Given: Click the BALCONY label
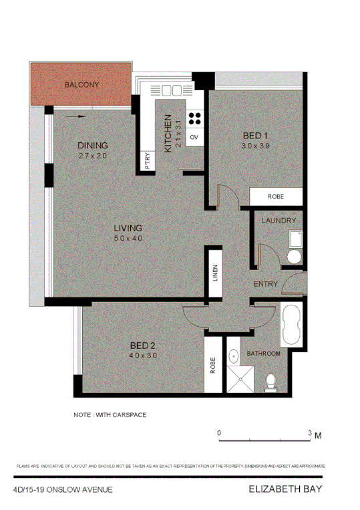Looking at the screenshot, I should (x=81, y=85).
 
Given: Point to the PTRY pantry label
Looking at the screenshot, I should (x=147, y=162).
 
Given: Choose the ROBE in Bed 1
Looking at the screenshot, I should (x=275, y=197).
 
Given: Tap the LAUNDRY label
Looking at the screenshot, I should (x=279, y=221).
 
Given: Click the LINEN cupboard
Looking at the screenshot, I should (x=215, y=275).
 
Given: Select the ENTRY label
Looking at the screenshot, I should (x=265, y=284).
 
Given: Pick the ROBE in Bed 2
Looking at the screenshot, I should (x=212, y=366).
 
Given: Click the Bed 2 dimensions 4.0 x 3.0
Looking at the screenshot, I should (x=143, y=356).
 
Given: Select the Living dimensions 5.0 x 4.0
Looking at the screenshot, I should (x=128, y=239).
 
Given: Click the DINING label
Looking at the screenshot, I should (x=92, y=146).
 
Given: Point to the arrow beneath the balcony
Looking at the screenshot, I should (x=77, y=116).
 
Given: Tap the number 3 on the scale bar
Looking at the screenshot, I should (x=309, y=433).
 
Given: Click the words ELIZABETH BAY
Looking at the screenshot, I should (x=285, y=489).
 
